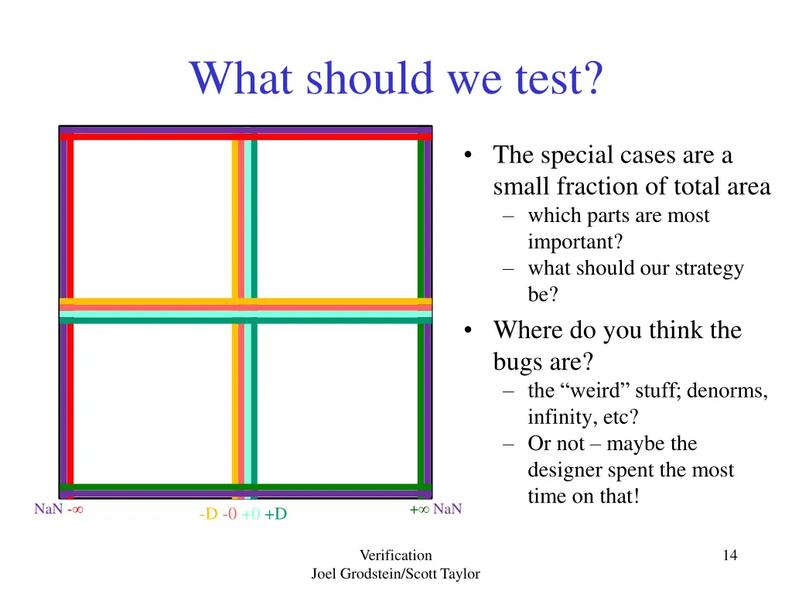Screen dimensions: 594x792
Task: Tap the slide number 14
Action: click(729, 555)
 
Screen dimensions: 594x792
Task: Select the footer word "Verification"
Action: click(395, 555)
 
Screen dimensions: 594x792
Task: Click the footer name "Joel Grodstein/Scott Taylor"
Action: click(395, 574)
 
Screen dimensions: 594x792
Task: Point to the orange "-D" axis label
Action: click(209, 514)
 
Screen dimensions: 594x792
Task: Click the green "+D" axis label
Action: click(275, 514)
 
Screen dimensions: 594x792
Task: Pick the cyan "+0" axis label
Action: click(251, 514)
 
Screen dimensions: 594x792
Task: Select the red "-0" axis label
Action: click(230, 514)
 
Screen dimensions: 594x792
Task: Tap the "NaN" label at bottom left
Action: click(48, 509)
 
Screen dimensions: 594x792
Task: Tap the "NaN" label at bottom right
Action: click(447, 509)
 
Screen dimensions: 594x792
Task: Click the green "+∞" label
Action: click(419, 509)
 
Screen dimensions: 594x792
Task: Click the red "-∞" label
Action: click(75, 509)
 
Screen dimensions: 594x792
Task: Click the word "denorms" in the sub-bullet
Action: click(727, 391)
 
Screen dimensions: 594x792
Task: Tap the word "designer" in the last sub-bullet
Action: click(564, 470)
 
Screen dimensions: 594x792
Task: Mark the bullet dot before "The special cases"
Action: click(468, 156)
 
